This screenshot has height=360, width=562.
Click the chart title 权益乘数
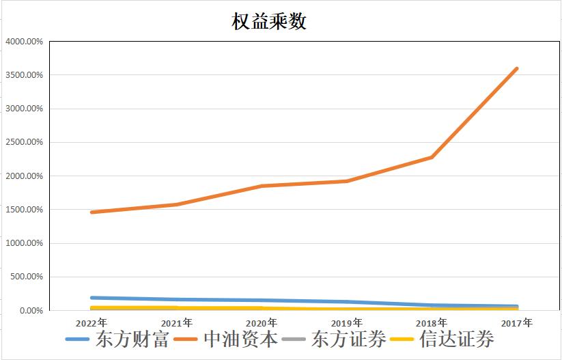[269, 21]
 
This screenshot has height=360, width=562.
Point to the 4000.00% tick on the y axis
[25, 42]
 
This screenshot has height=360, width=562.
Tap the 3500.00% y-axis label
[25, 75]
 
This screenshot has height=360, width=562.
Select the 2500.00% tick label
[25, 143]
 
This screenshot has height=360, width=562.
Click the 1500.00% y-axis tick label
[25, 210]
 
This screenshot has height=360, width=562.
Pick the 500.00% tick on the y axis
[27, 277]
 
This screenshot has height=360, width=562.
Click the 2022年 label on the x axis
[92, 322]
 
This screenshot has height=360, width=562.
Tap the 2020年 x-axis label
[262, 322]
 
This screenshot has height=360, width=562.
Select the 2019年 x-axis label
[347, 322]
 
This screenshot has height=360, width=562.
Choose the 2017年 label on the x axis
[517, 322]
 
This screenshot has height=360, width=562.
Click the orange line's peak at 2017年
[517, 68]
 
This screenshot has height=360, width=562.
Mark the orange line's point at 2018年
[432, 157]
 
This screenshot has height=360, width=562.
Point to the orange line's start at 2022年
[92, 212]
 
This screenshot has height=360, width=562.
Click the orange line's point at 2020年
[262, 186]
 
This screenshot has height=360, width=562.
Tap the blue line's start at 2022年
[92, 298]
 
